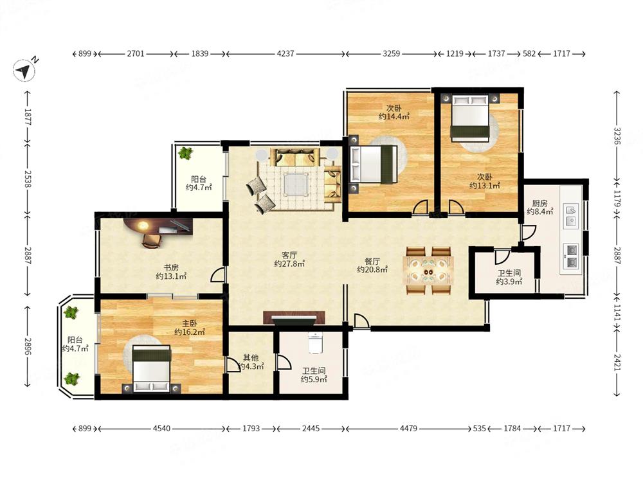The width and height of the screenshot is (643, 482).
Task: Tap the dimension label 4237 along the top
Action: coord(285,54)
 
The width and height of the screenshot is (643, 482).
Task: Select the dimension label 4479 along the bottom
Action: coord(408,428)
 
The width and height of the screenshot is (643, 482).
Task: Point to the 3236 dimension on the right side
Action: coord(617,136)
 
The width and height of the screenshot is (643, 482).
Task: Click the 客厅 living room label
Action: coord(289,255)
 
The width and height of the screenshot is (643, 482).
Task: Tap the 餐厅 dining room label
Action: coord(372,261)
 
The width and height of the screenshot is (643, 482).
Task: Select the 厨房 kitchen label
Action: coord(539,203)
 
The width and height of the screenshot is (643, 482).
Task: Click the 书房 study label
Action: coord(172,267)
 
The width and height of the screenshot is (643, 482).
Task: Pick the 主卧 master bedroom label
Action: coord(190,323)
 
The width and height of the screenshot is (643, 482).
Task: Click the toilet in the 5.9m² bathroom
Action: coord(314,343)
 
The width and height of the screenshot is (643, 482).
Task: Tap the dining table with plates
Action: coord(428,271)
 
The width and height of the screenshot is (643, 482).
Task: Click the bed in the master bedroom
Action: coord(151,370)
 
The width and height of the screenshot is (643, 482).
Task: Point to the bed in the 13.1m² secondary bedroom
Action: coord(470,118)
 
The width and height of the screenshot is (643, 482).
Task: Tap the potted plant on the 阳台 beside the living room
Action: coord(185,154)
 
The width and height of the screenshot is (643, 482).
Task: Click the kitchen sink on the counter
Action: coord(570,215)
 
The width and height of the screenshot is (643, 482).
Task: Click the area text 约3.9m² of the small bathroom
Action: coord(509,281)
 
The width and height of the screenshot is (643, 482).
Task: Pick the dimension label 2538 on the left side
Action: coord(28,179)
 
